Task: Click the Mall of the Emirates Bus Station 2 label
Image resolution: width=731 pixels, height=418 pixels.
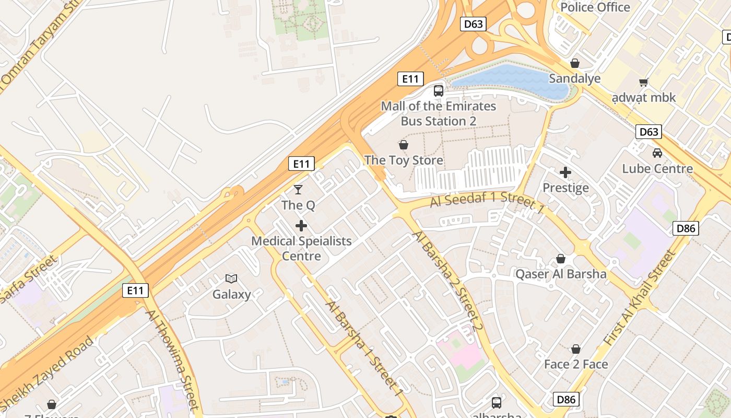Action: (438, 114)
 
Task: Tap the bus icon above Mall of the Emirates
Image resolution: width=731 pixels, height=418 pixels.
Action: (438, 91)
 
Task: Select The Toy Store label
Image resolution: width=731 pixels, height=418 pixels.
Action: (404, 160)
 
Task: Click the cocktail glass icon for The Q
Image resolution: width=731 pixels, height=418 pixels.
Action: (298, 189)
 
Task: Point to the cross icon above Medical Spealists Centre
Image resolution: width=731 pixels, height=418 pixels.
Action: (301, 226)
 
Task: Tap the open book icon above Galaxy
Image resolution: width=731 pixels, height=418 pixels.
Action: (231, 278)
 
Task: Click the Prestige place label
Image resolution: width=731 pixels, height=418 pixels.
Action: (565, 188)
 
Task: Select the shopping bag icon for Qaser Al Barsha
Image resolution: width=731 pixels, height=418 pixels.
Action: (561, 259)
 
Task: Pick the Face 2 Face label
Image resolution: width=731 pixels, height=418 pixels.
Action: (576, 364)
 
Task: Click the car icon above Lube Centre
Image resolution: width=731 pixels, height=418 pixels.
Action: (657, 153)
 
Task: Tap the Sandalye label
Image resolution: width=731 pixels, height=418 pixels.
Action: (574, 78)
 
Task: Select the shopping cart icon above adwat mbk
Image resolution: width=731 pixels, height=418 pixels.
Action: (643, 82)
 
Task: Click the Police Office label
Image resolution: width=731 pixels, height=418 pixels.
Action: (595, 7)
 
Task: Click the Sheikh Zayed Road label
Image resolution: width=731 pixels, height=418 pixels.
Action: (50, 372)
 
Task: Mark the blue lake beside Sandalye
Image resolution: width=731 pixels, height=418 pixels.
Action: (512, 79)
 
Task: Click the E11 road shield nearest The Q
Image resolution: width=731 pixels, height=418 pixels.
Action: (301, 164)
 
